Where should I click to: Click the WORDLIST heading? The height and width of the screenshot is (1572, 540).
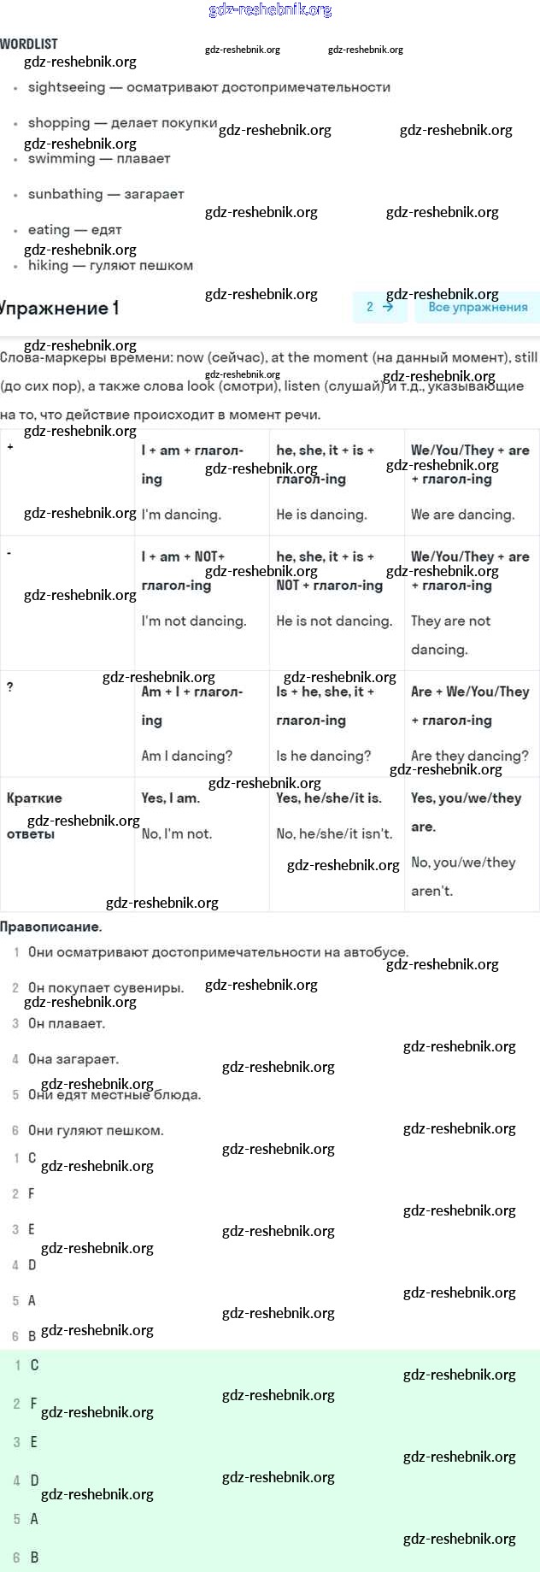pyautogui.click(x=29, y=44)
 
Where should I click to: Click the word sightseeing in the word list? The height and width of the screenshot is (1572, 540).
pyautogui.click(x=67, y=87)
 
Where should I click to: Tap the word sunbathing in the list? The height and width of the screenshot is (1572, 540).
pyautogui.click(x=65, y=194)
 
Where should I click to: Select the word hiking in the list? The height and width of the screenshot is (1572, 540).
pyautogui.click(x=48, y=265)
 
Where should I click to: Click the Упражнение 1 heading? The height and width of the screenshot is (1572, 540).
pyautogui.click(x=59, y=308)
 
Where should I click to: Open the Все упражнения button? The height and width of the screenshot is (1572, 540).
pyautogui.click(x=478, y=307)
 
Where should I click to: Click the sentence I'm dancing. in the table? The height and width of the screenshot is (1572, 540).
pyautogui.click(x=181, y=515)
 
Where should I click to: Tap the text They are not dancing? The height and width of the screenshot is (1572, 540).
pyautogui.click(x=450, y=634)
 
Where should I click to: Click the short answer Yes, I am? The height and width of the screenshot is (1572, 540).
pyautogui.click(x=171, y=798)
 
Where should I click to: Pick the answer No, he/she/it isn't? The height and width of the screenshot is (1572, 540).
pyautogui.click(x=334, y=833)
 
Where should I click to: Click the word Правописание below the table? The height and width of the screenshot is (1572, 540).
pyautogui.click(x=50, y=927)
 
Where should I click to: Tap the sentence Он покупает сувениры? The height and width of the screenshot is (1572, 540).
pyautogui.click(x=106, y=987)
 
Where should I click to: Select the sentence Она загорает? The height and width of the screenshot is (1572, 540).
pyautogui.click(x=73, y=1059)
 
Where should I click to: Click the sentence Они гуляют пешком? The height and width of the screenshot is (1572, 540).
pyautogui.click(x=96, y=1130)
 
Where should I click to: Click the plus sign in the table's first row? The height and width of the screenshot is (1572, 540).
pyautogui.click(x=10, y=447)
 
